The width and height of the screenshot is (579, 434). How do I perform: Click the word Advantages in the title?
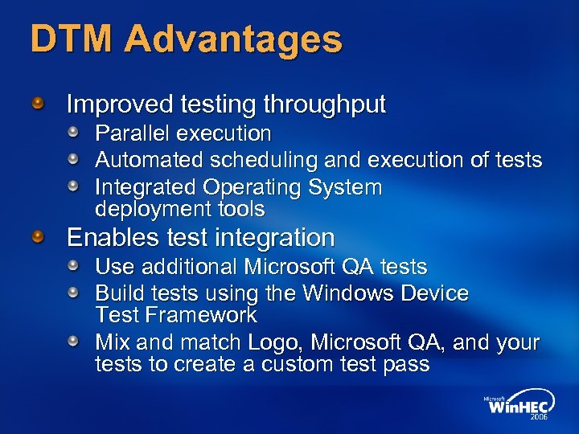(233, 39)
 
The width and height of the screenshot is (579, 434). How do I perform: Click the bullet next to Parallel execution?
(73, 132)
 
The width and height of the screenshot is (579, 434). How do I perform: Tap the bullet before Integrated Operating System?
(73, 186)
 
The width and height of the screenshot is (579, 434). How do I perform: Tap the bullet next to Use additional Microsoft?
(73, 265)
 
